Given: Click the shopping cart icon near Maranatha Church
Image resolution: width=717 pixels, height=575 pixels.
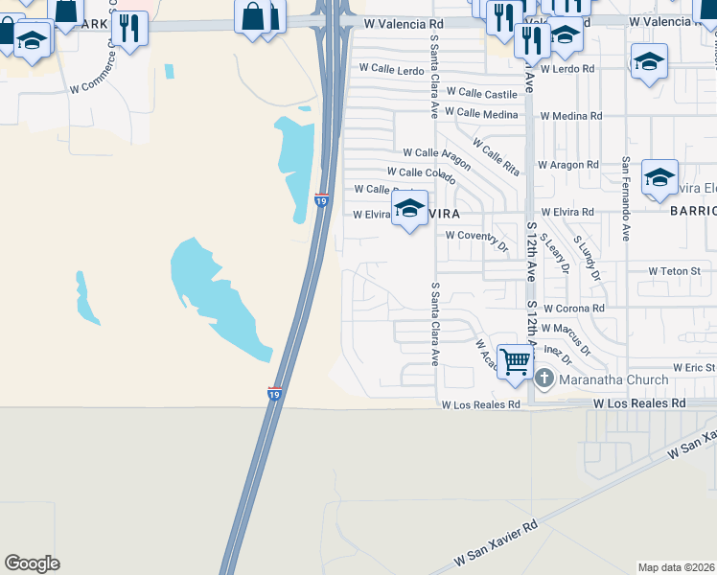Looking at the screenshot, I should pos(516,362).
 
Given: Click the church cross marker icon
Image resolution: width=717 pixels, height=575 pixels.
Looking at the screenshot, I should pos(545,379).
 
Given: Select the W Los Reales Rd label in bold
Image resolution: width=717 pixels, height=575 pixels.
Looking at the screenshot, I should pos(639,403).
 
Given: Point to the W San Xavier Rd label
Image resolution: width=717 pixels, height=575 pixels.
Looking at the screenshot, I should pos(498,541).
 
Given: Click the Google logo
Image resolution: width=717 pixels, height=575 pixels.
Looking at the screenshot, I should pos(32,563).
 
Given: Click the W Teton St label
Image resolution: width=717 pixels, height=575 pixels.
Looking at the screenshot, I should pos(675,271).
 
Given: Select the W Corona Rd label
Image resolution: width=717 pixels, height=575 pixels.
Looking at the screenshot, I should pos(573,309).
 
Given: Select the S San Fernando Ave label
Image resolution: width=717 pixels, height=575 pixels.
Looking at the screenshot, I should pos(626,198).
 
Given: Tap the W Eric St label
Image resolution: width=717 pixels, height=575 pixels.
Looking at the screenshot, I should pos(694,367).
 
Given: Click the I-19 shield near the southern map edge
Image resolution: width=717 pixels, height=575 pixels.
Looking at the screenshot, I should pos(273,394).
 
